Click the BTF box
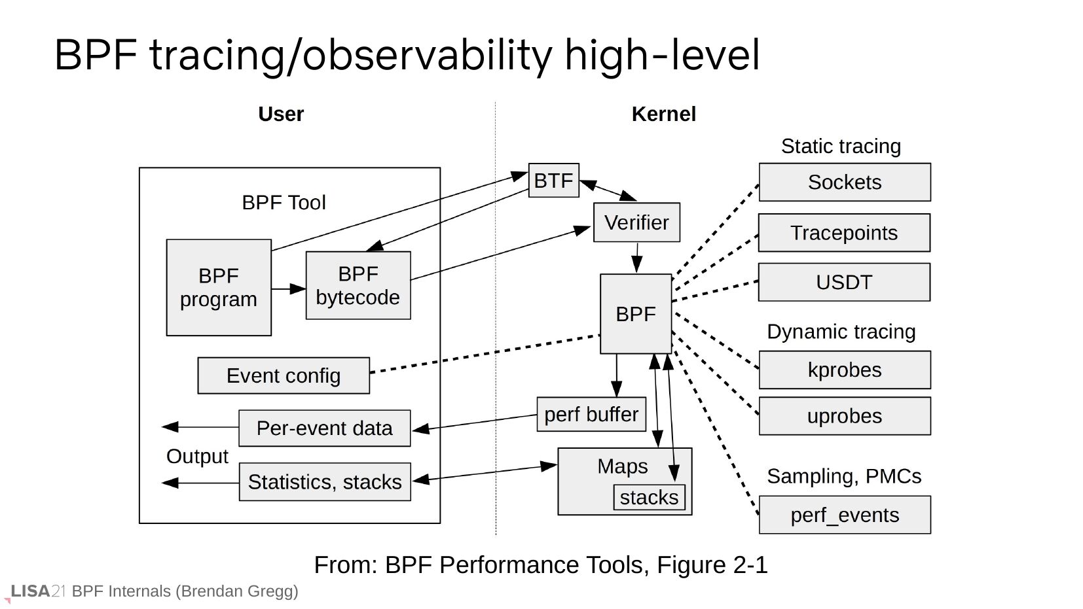[x=553, y=181]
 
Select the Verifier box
[x=636, y=222]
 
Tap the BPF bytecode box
[x=358, y=285]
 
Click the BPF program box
[x=219, y=288]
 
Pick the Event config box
[x=284, y=375]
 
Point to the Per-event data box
[x=324, y=428]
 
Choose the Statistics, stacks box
[x=325, y=482]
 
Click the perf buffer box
[x=591, y=414]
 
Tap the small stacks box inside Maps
[x=649, y=497]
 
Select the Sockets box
[x=845, y=183]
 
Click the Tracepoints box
[x=844, y=233]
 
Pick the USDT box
[x=844, y=283]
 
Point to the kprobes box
[x=845, y=370]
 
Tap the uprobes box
[x=845, y=416]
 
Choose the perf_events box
[x=845, y=515]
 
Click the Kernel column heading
[x=663, y=114]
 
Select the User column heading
[x=281, y=114]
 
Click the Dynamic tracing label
[x=841, y=332]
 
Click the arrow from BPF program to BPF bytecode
[x=289, y=288]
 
